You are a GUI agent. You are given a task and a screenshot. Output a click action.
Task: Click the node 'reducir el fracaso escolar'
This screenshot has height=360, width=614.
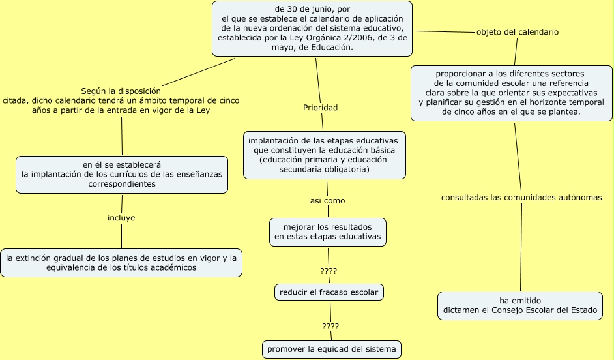pyautogui.click(x=329, y=292)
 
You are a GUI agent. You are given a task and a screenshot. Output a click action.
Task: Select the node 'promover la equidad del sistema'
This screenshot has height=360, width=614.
pyautogui.click(x=331, y=349)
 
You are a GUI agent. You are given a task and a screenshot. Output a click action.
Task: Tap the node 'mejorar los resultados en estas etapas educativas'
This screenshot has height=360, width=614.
pyautogui.click(x=327, y=232)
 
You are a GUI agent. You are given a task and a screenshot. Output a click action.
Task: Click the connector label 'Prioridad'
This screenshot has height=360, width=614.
pyautogui.click(x=320, y=108)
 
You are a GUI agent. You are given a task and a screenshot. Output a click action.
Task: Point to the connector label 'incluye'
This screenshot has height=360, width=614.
pyautogui.click(x=121, y=218)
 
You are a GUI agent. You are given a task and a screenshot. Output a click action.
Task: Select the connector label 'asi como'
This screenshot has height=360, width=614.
pyautogui.click(x=327, y=201)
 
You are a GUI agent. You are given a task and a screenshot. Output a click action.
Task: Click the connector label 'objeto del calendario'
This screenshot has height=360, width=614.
pyautogui.click(x=517, y=32)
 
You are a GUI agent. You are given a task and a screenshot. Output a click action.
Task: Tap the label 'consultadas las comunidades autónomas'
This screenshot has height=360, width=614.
pyautogui.click(x=521, y=197)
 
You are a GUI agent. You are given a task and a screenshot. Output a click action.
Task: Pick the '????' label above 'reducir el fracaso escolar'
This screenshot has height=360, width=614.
pyautogui.click(x=329, y=271)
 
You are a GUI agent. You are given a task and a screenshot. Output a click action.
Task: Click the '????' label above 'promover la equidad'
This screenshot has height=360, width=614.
pyautogui.click(x=330, y=326)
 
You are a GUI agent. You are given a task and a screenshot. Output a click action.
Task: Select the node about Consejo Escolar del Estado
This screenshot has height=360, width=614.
pyautogui.click(x=520, y=305)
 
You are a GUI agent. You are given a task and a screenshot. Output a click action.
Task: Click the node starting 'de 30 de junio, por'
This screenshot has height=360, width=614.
pyautogui.click(x=313, y=28)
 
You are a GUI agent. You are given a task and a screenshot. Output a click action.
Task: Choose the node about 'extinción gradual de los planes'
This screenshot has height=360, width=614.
pyautogui.click(x=121, y=263)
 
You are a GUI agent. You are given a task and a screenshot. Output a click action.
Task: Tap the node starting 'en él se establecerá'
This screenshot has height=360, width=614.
pyautogui.click(x=121, y=174)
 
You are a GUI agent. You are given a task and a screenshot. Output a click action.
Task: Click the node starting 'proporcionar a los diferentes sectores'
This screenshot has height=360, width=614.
pyautogui.click(x=512, y=93)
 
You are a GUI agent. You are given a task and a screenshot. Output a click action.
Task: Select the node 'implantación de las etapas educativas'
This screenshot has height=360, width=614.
pyautogui.click(x=324, y=155)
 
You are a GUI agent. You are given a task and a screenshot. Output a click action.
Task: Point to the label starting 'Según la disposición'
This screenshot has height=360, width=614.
pyautogui.click(x=121, y=100)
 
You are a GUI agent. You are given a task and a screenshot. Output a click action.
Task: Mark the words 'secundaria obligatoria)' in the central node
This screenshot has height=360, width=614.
pyautogui.click(x=324, y=170)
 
